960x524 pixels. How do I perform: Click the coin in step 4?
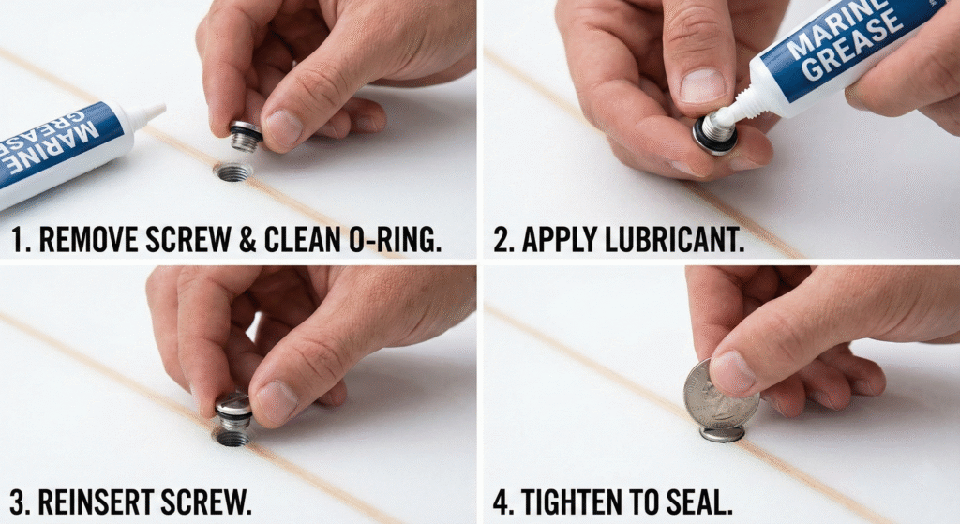click(x=721, y=397)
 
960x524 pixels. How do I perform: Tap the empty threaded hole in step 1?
click(x=233, y=172)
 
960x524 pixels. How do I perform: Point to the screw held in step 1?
click(x=246, y=136)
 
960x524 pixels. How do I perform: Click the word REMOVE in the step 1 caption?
click(x=89, y=239)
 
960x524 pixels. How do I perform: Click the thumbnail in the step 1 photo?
click(x=282, y=127)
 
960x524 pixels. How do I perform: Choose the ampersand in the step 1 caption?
click(x=247, y=239)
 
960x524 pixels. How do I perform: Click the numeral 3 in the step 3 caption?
click(x=19, y=502)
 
